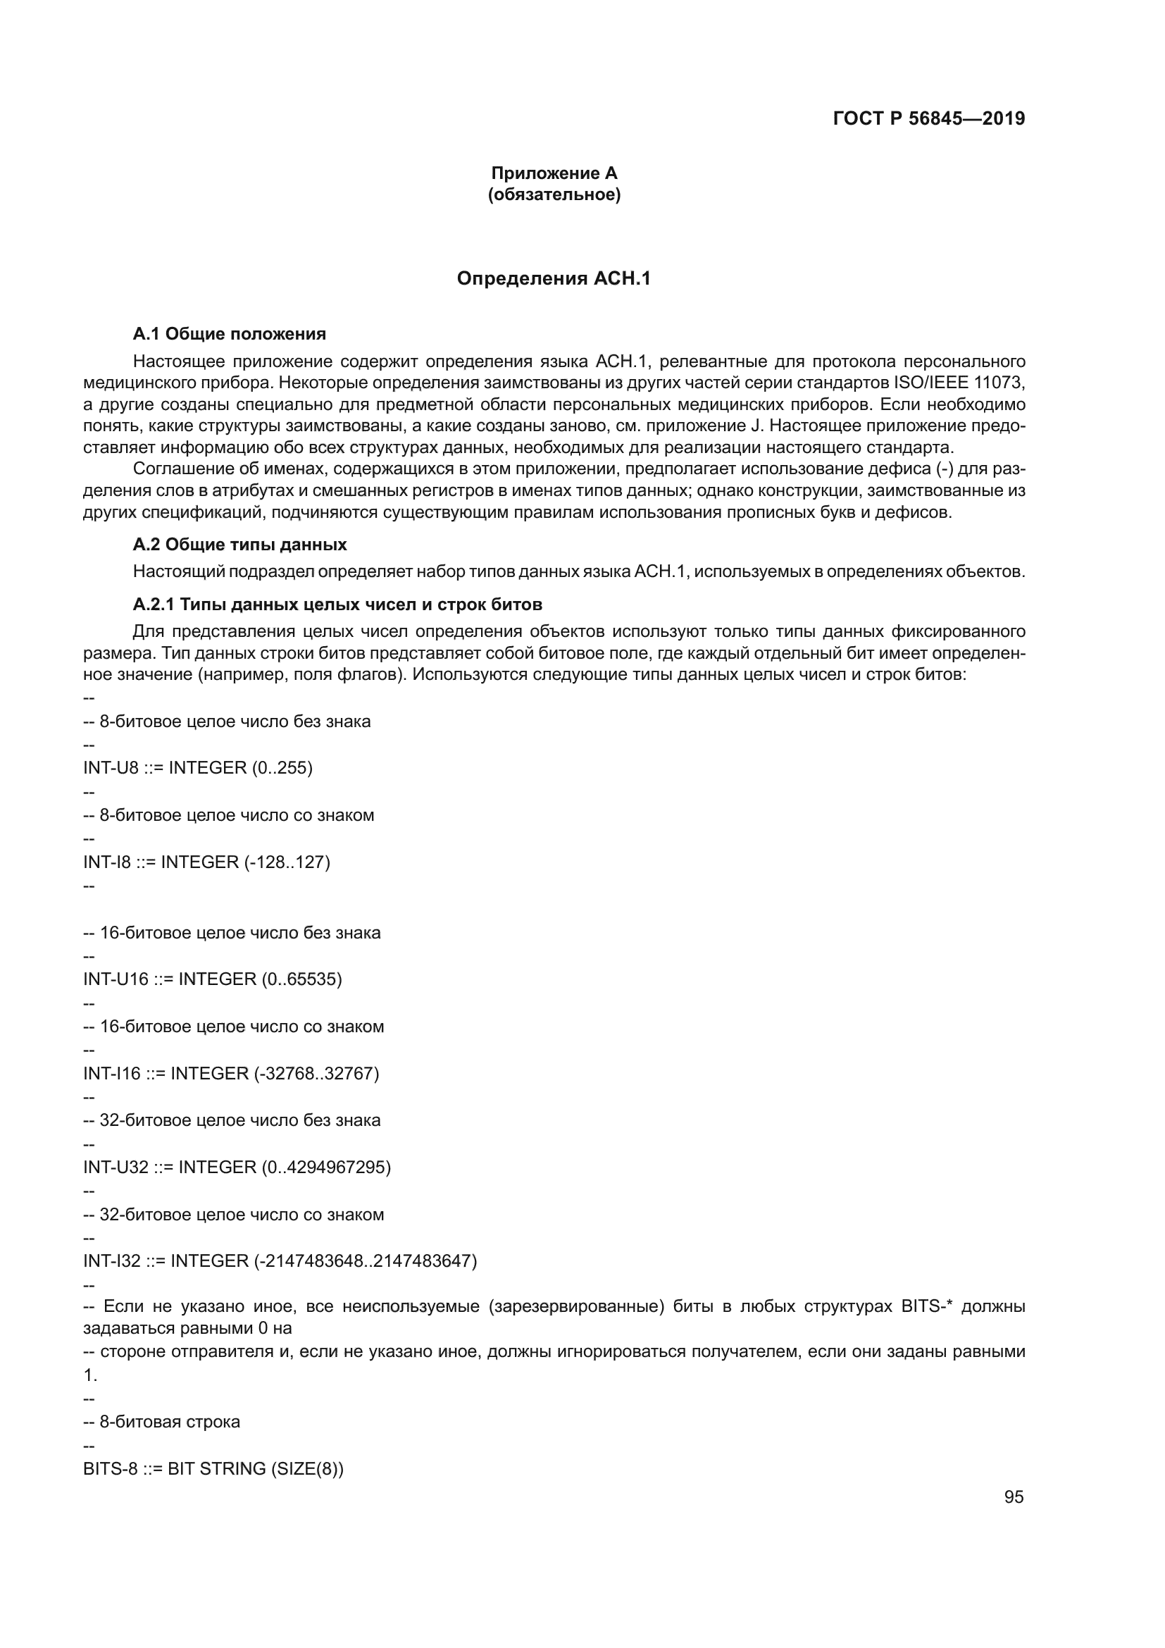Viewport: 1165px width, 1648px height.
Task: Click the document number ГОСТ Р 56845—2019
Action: click(x=929, y=118)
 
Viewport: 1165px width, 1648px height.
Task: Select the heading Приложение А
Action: click(x=554, y=173)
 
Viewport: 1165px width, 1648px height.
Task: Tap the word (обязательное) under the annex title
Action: click(x=554, y=194)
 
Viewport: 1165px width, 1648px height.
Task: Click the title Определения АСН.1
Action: click(x=553, y=278)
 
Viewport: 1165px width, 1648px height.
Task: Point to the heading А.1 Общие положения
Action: click(x=229, y=334)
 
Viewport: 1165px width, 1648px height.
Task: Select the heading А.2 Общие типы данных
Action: click(x=239, y=544)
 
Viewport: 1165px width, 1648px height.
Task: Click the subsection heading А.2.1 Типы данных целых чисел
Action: click(x=337, y=605)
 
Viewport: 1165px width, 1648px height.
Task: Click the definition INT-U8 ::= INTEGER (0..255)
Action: click(x=198, y=767)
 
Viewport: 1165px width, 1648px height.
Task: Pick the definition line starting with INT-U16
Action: click(x=212, y=979)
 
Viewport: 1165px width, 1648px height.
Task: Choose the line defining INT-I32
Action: click(x=280, y=1261)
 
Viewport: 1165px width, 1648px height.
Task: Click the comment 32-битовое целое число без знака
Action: click(x=239, y=1120)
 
